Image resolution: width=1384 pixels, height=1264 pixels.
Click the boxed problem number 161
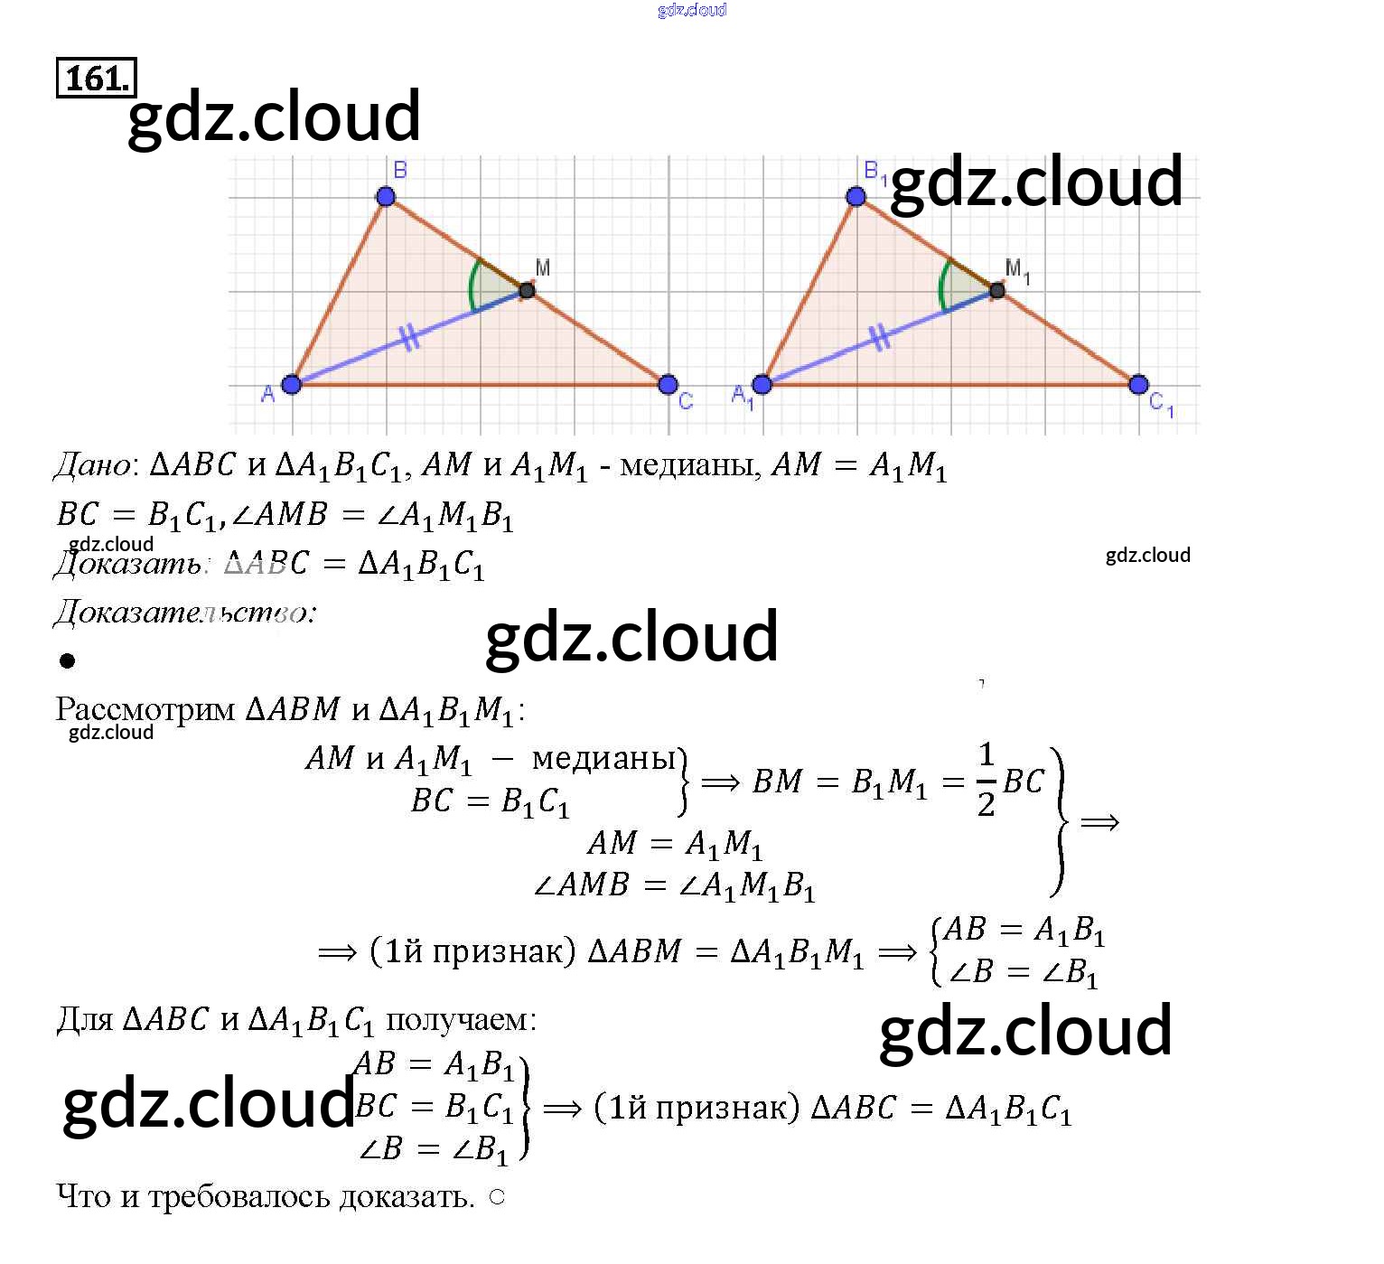[x=96, y=78]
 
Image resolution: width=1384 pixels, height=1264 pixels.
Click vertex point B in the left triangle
[x=386, y=196]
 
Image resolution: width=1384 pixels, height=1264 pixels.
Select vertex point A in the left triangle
[x=291, y=385]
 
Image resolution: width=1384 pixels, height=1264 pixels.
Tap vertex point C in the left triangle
[x=668, y=385]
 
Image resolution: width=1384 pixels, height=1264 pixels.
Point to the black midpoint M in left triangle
[x=527, y=290]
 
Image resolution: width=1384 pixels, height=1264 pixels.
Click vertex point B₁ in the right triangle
[x=856, y=196]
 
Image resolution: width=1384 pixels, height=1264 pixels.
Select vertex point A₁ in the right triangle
[x=762, y=385]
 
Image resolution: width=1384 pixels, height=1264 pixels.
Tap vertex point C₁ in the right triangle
[x=1138, y=385]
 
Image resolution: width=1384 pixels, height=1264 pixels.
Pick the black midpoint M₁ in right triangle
[x=997, y=290]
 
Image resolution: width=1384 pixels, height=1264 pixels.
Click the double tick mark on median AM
[x=410, y=338]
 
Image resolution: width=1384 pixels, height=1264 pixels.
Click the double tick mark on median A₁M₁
[x=881, y=338]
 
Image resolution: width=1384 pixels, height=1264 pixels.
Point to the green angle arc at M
[x=472, y=285]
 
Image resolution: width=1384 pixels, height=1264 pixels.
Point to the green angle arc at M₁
[x=942, y=285]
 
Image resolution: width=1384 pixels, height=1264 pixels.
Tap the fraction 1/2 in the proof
[x=986, y=780]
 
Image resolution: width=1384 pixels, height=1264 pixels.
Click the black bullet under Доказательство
[x=67, y=661]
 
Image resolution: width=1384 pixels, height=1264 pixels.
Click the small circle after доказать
[x=497, y=1197]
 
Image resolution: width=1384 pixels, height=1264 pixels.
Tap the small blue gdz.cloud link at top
[x=692, y=10]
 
